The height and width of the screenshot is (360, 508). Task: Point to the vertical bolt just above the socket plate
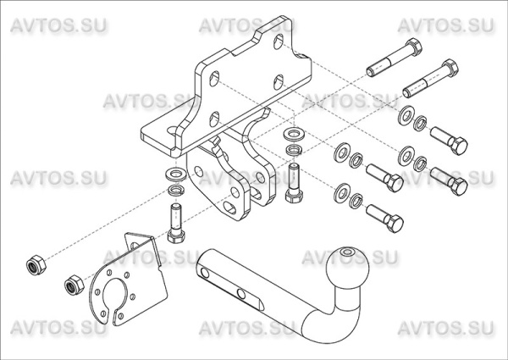pos(175,223)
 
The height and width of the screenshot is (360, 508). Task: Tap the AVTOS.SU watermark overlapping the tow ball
pos(340,257)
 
